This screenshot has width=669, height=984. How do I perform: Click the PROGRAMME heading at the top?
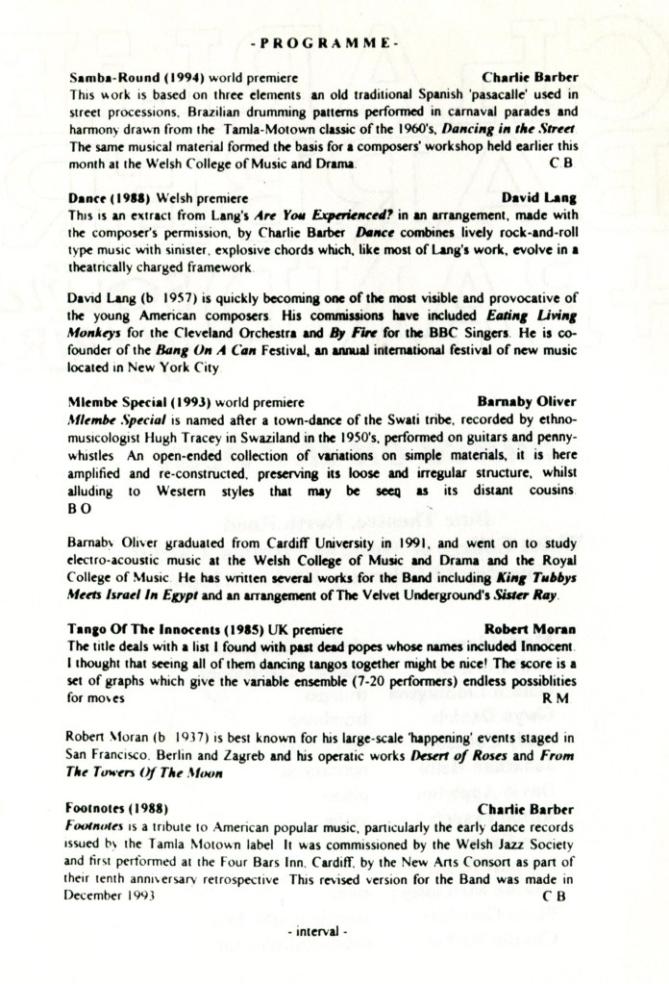tap(324, 44)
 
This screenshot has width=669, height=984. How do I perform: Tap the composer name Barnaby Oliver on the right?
tap(527, 405)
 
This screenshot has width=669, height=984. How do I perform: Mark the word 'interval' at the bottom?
tap(316, 933)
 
